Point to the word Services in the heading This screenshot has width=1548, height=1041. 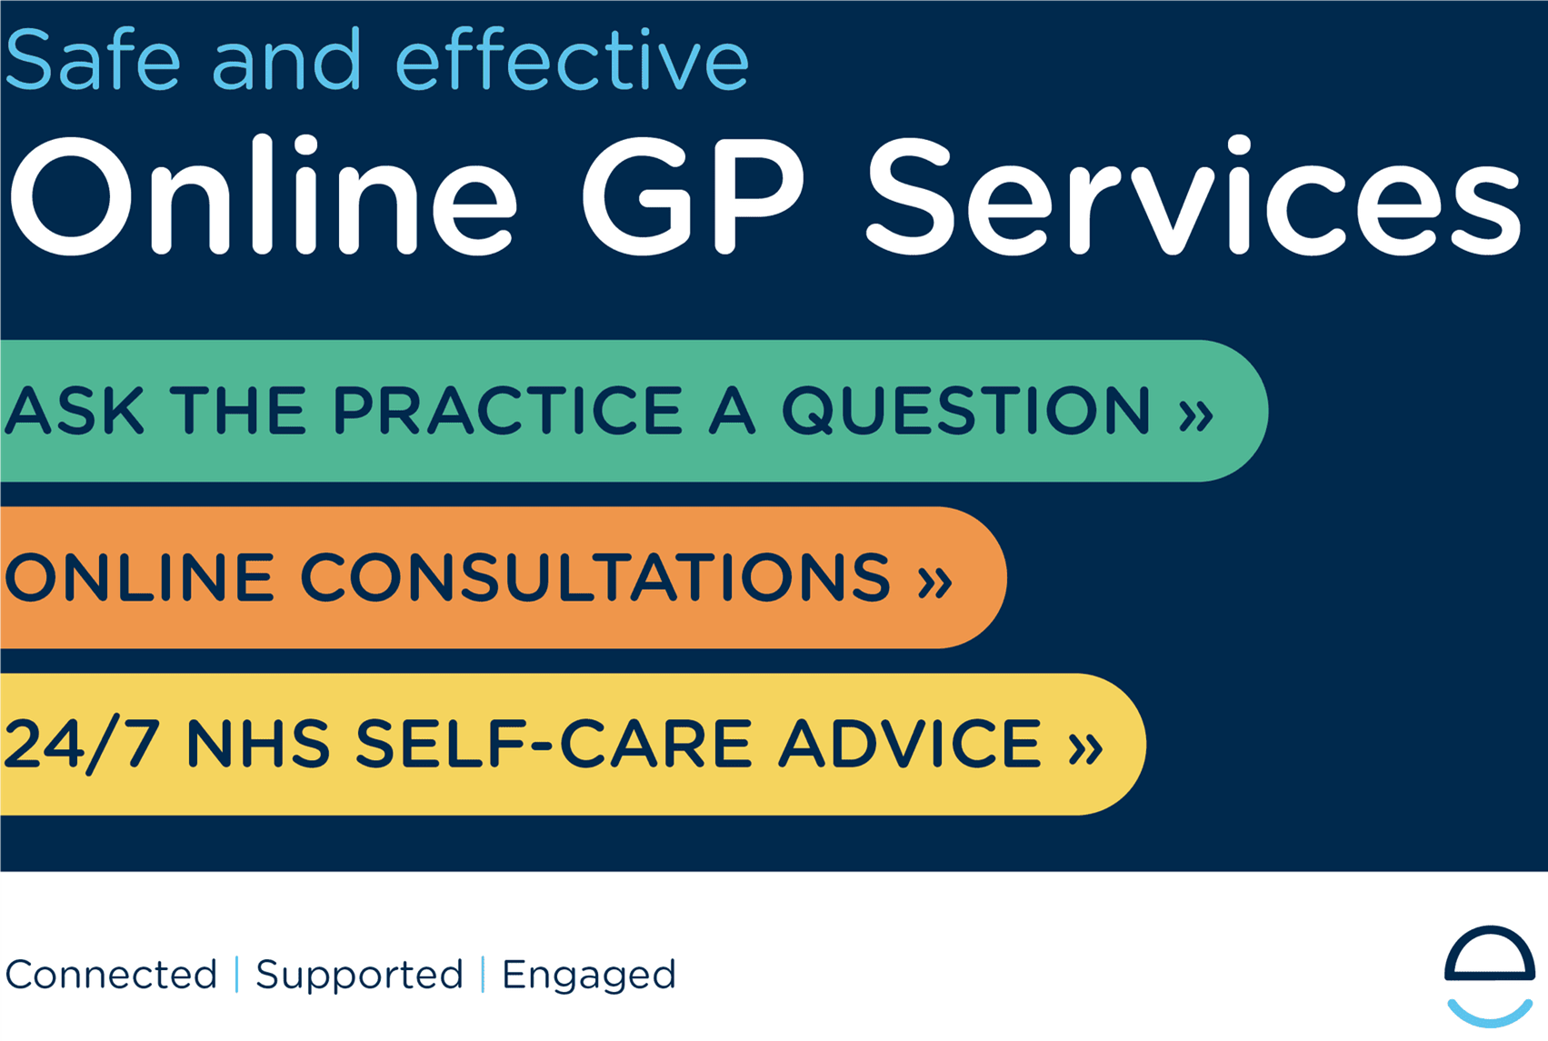coord(1193,195)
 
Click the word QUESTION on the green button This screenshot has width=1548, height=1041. coord(966,411)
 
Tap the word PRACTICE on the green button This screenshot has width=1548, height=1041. coord(509,410)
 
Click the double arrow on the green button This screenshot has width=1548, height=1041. coord(1195,415)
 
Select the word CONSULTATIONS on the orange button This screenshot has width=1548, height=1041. coord(595,577)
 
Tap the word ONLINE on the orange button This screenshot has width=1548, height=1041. coord(140,577)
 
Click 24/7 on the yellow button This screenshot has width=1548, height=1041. coord(82,744)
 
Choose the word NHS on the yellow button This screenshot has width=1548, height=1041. coord(258,743)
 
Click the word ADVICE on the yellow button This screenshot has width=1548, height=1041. coord(910,743)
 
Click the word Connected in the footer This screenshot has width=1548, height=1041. coord(111,975)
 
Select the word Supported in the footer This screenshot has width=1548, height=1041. coord(359,977)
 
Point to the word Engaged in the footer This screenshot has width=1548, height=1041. coord(589,977)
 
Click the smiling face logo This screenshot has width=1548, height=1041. coord(1489,975)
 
